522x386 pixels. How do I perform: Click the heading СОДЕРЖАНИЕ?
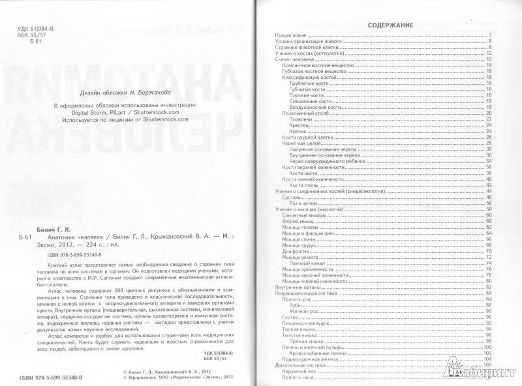pyautogui.click(x=390, y=25)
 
